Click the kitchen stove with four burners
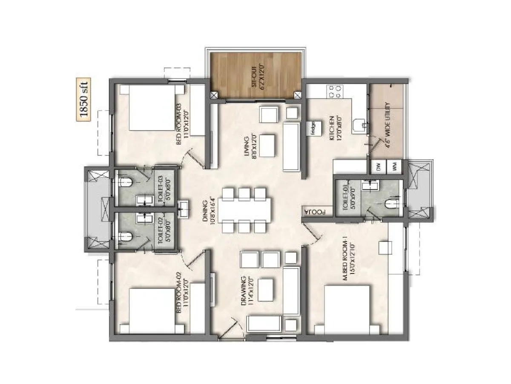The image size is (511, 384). point(335,91)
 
